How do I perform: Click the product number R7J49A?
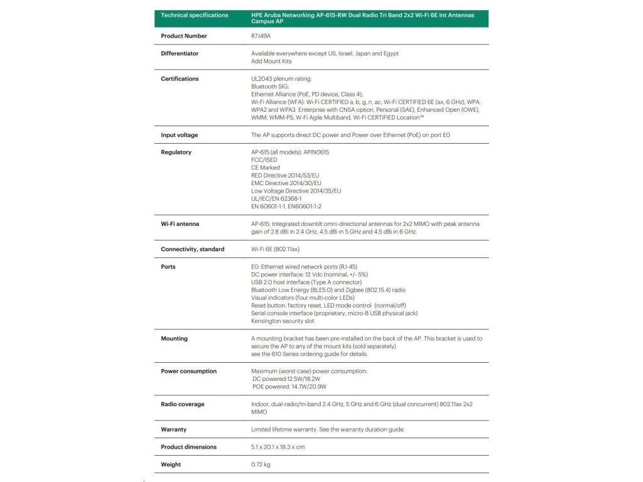(261, 36)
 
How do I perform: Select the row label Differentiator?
(180, 53)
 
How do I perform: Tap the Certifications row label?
(180, 78)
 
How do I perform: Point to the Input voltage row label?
(179, 135)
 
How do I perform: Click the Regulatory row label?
(176, 152)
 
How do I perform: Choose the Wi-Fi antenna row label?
(180, 223)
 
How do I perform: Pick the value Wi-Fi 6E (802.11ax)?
(275, 249)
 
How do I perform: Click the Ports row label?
(168, 267)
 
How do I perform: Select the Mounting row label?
(174, 338)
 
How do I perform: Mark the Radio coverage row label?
(182, 404)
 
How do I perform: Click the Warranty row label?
(173, 429)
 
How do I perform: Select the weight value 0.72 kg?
(261, 464)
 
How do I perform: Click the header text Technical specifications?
(195, 15)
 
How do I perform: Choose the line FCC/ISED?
(264, 159)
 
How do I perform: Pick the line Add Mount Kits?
(271, 61)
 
